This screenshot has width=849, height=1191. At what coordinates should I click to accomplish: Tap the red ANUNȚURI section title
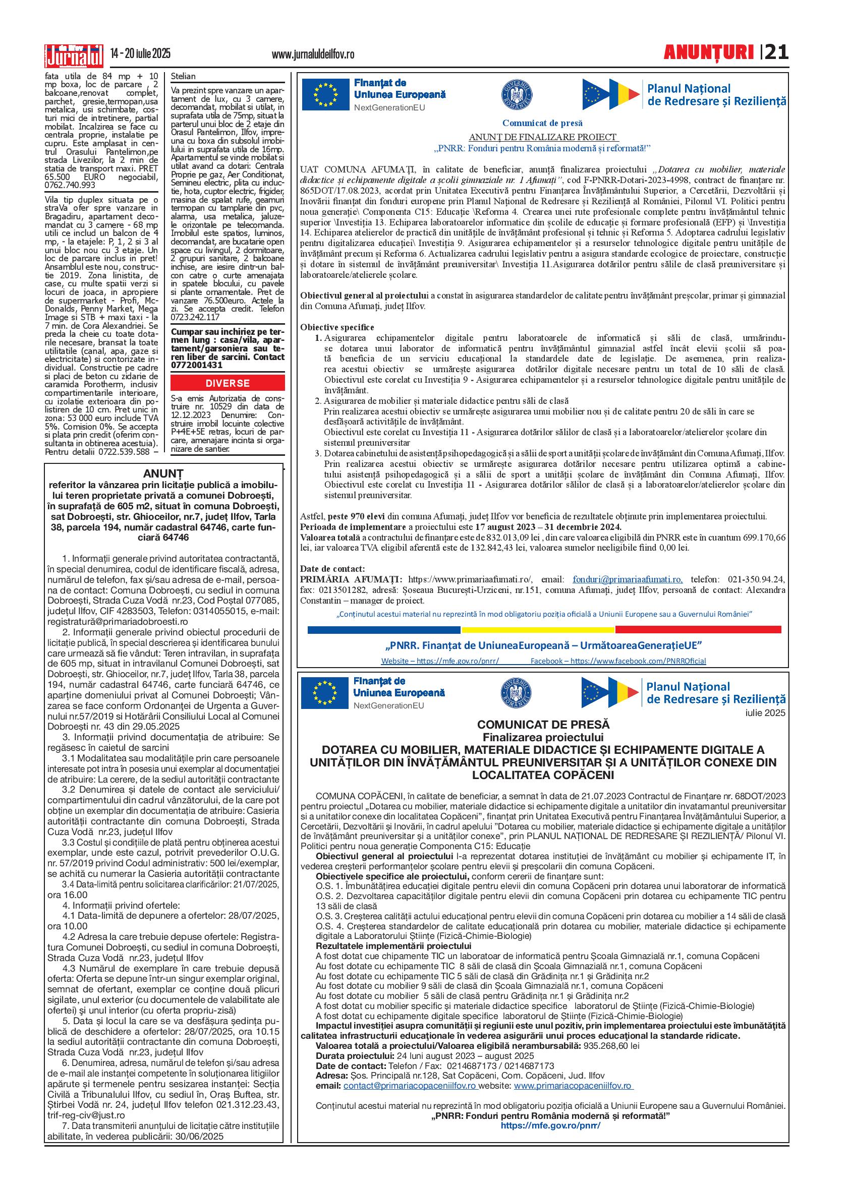pos(708,53)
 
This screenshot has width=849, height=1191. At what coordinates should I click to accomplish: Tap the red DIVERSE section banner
pos(228,383)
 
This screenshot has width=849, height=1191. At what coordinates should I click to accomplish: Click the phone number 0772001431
pos(197,365)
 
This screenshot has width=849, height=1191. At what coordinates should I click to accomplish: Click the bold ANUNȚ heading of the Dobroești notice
pos(163,473)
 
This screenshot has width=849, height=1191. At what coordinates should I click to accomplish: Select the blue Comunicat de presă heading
pos(542,124)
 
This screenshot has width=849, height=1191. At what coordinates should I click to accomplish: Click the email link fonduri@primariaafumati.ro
pos(628,579)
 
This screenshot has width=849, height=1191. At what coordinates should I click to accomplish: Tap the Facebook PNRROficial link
pos(618,661)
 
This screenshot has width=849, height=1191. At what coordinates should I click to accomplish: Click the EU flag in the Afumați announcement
pos(325,94)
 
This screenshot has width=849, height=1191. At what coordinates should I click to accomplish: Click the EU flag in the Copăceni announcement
pos(324,693)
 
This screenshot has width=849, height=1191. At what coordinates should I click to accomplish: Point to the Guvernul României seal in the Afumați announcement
pos(517,95)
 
